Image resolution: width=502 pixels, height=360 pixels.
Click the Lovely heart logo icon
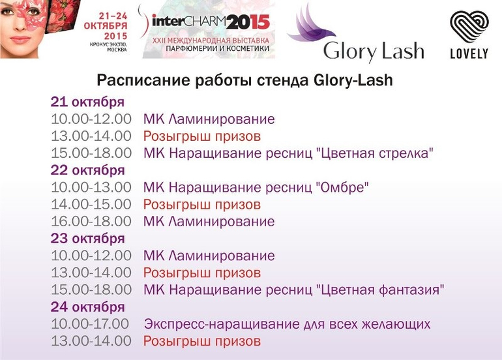[x=469, y=27]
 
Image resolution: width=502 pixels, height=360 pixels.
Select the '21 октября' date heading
[x=87, y=102]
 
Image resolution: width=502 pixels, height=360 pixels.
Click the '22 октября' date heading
[x=87, y=170]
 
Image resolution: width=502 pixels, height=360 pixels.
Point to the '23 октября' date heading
[x=87, y=239]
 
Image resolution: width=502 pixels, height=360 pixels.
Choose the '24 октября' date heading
[x=87, y=307]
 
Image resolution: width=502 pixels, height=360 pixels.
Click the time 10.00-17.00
[x=90, y=324]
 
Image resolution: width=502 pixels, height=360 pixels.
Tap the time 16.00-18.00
[x=91, y=221]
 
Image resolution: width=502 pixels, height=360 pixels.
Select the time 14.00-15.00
[x=91, y=204]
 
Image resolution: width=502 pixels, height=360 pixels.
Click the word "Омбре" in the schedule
[x=342, y=187]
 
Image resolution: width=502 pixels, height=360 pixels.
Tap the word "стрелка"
[x=406, y=153]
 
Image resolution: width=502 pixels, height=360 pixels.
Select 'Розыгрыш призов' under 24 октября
[x=202, y=342]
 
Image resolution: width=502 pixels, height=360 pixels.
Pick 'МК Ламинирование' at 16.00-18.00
[x=209, y=222]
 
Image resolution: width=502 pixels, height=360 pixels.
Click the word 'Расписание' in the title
[x=143, y=80]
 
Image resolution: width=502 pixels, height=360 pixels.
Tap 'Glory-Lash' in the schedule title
[x=353, y=80]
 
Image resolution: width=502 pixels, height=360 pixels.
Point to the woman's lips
[x=20, y=40]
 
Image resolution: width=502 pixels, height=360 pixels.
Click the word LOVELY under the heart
[x=469, y=53]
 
